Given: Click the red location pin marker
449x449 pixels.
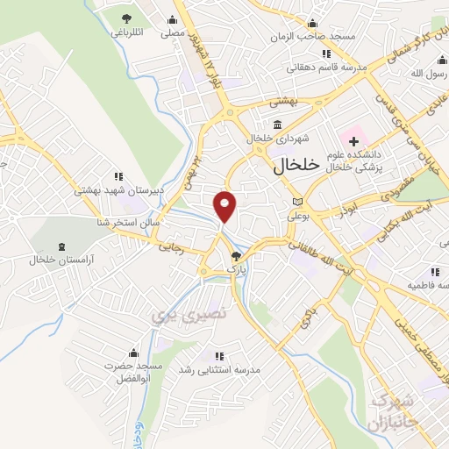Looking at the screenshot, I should coord(225,205).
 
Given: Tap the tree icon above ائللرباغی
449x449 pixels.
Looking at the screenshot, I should coord(128,18).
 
